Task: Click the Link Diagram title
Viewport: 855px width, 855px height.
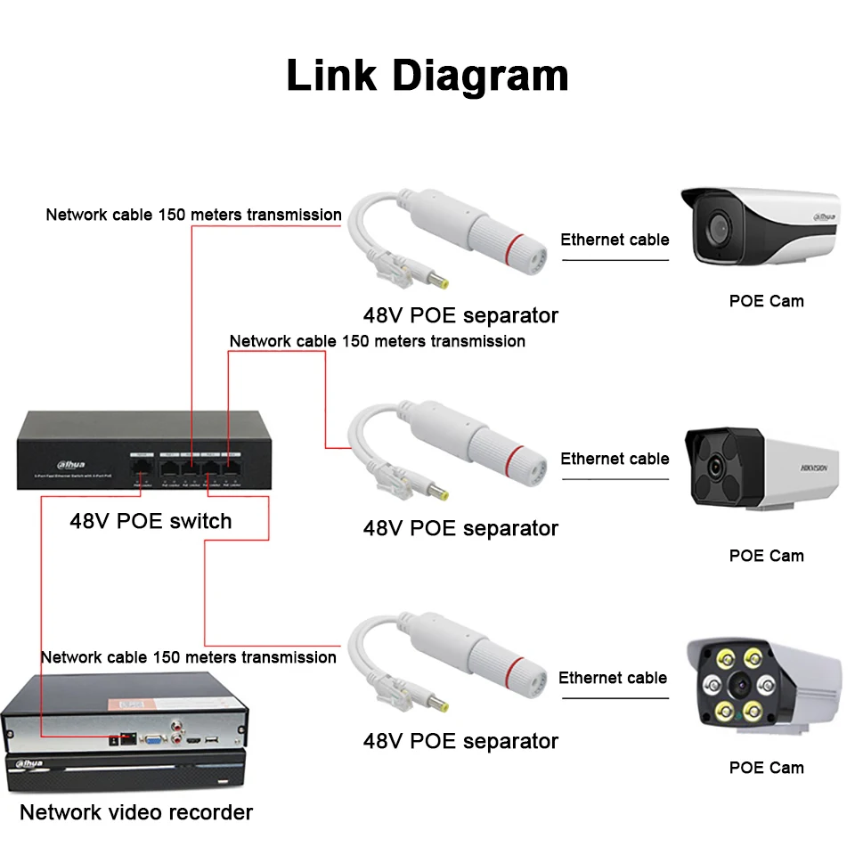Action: (x=427, y=75)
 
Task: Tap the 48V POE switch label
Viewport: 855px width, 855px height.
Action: (x=151, y=521)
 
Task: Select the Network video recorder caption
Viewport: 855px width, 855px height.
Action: (x=136, y=812)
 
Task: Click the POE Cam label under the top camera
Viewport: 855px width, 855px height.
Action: (x=766, y=301)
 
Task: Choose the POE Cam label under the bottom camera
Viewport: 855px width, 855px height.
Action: (x=766, y=768)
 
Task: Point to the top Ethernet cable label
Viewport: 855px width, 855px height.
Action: (x=615, y=240)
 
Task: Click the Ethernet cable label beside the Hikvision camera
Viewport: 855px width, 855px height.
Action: (x=615, y=459)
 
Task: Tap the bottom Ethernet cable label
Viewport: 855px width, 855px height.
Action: (x=613, y=678)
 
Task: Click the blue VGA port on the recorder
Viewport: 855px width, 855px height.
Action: (x=152, y=739)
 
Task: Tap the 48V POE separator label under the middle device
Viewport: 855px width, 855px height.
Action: (x=460, y=528)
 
